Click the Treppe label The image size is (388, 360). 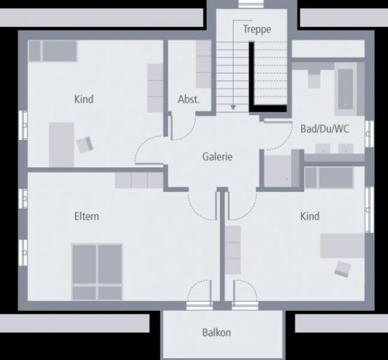[257, 29]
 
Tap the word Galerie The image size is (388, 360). [217, 157]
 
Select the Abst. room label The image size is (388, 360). [188, 99]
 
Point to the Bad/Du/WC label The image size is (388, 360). [324, 129]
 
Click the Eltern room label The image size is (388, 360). [86, 217]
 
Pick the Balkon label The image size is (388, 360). [216, 332]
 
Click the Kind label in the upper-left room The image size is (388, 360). [84, 99]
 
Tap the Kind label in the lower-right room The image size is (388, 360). [310, 217]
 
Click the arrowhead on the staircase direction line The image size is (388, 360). [233, 107]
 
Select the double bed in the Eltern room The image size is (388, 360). [97, 272]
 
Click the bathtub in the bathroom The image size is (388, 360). [345, 89]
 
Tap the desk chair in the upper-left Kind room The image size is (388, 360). [85, 145]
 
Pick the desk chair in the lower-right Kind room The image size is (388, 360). [342, 269]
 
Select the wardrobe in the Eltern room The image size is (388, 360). [139, 180]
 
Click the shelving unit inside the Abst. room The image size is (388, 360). [204, 64]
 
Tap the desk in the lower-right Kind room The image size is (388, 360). [342, 245]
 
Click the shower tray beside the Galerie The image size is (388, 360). [278, 171]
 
